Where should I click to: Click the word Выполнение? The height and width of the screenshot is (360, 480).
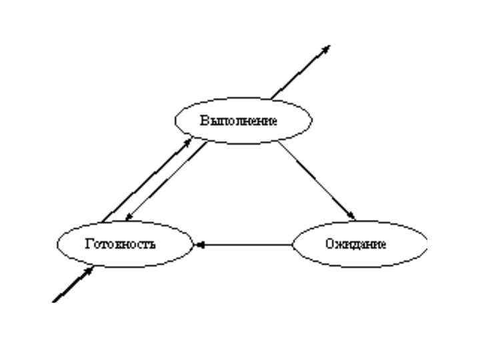click(x=238, y=121)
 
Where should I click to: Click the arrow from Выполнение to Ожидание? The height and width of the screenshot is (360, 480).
click(x=317, y=180)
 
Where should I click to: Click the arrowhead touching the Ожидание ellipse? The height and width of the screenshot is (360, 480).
click(x=353, y=215)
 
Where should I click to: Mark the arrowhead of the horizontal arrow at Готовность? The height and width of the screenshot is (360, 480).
click(x=198, y=245)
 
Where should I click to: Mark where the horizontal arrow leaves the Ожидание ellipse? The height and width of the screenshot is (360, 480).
click(x=293, y=245)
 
